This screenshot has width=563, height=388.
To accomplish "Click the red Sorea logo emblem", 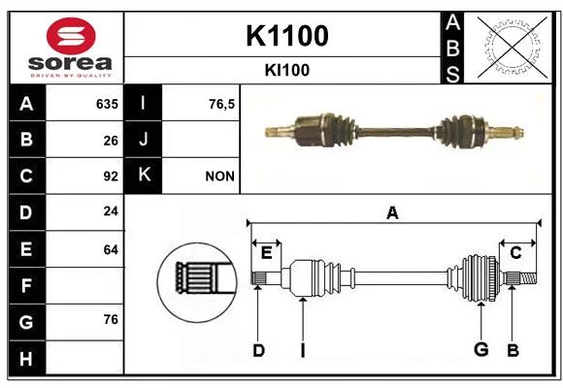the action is [x=71, y=36].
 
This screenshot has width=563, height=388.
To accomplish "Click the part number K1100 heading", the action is [x=287, y=36].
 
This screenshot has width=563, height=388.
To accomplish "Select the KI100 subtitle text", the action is [x=287, y=70].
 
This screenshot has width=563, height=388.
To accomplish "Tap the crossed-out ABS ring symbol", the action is [x=513, y=48].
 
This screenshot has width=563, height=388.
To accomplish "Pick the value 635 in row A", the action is [x=107, y=104].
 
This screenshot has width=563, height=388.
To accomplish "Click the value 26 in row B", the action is [x=111, y=141].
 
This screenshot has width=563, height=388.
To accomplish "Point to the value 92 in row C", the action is [x=111, y=177].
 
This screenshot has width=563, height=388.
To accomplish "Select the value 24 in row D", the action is [x=111, y=211].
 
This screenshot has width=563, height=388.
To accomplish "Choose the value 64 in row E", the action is [x=111, y=249].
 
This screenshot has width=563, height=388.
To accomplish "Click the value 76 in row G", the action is [x=111, y=319].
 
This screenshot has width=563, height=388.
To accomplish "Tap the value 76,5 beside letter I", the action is [x=221, y=105].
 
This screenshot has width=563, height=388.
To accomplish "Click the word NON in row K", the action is [x=219, y=177].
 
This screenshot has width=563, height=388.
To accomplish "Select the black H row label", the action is [x=27, y=358].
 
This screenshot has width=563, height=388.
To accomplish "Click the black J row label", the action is [x=143, y=139].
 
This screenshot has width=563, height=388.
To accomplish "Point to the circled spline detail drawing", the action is [x=197, y=282].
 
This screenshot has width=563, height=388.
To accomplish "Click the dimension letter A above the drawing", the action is [x=392, y=212].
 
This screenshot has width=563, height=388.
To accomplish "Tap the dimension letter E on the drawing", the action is [x=266, y=252].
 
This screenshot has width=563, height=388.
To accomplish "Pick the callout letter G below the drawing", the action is [x=481, y=349].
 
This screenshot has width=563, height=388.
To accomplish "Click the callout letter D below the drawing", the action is [x=258, y=350].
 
